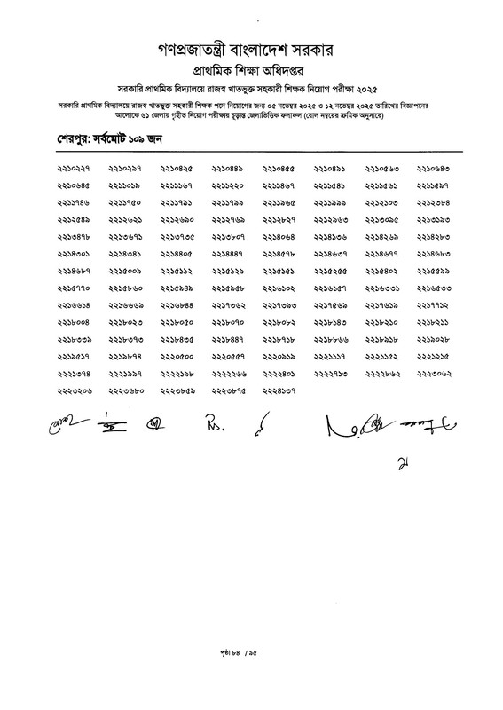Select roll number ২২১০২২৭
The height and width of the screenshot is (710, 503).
tap(74, 168)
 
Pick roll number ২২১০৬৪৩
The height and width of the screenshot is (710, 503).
tap(434, 168)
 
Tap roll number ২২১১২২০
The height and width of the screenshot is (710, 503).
tap(228, 185)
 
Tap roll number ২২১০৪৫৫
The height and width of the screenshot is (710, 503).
tap(279, 168)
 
